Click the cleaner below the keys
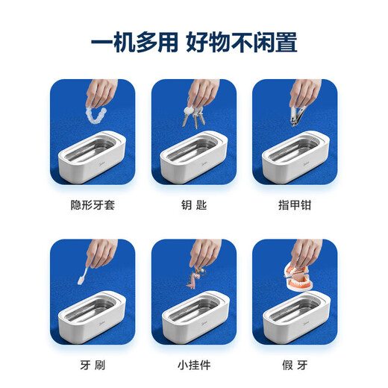(x=194, y=154)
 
